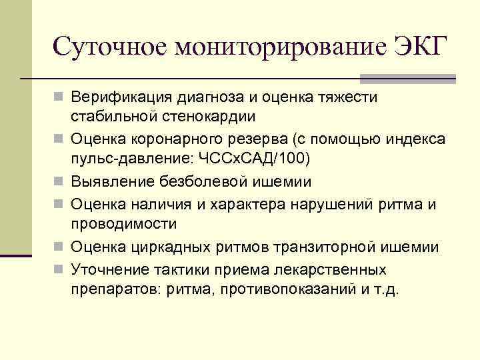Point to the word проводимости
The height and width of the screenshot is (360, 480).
(125, 223)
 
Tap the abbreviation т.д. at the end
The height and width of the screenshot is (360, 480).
(387, 291)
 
